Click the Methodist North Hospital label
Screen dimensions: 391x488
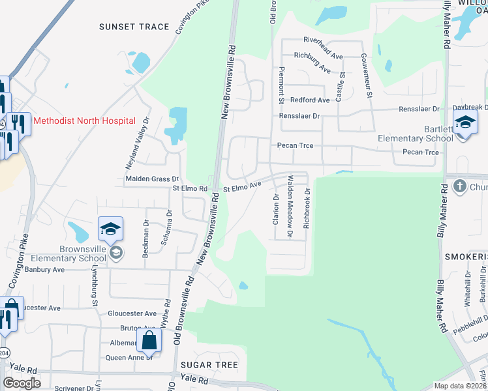pyautogui.click(x=84, y=121)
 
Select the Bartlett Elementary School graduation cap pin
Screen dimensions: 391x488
pyautogui.click(x=466, y=123)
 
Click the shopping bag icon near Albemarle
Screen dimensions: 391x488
pyautogui.click(x=149, y=340)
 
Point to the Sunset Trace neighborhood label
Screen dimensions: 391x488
pyautogui.click(x=134, y=27)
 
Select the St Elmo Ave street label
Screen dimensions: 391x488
pyautogui.click(x=242, y=187)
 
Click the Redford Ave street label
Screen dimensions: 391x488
pyautogui.click(x=310, y=100)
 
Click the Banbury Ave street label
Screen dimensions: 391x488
pyautogui.click(x=45, y=269)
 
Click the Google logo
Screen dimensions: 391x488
pyautogui.click(x=22, y=383)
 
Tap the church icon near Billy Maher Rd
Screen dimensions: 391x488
pyautogui.click(x=459, y=186)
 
